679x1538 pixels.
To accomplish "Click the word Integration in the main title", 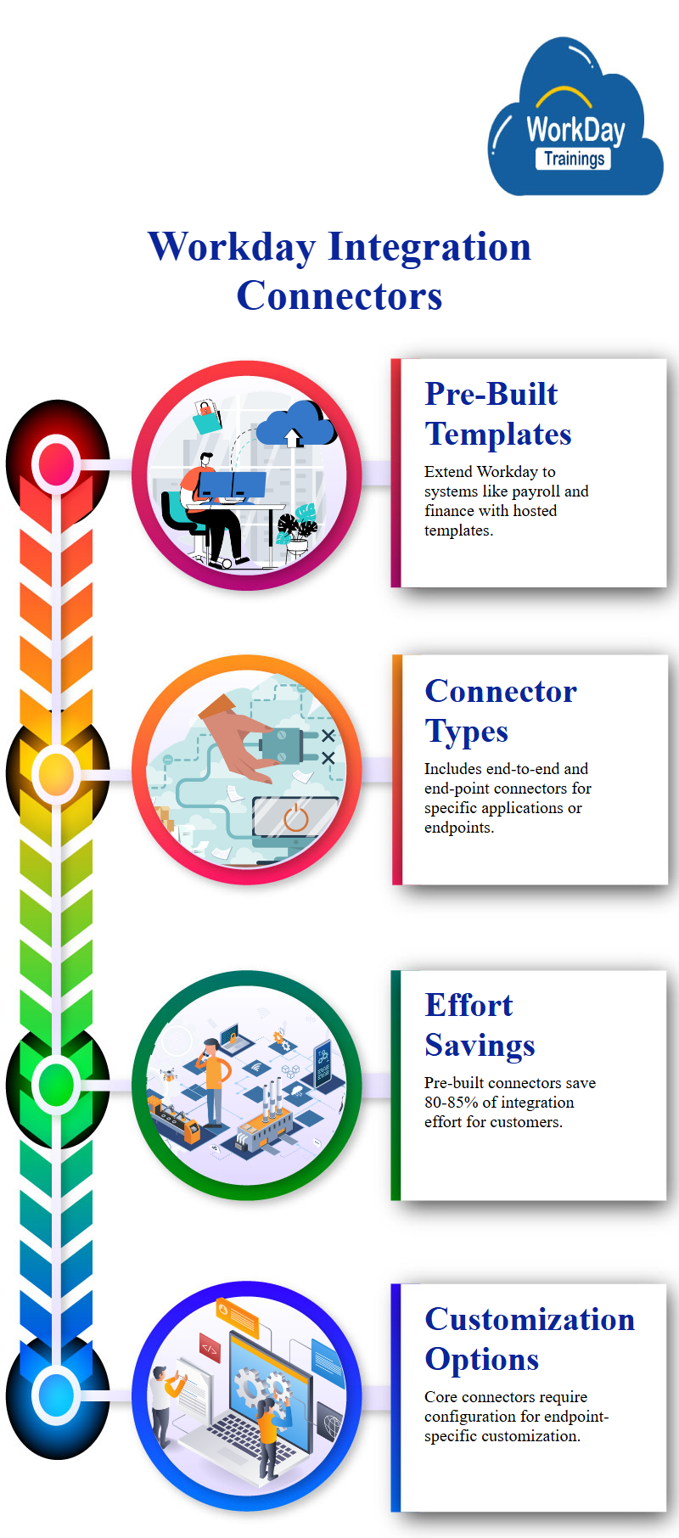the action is pos(429,247).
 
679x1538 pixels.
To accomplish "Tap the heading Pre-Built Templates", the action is pos(498,413).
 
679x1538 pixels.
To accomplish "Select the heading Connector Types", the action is pos(501,711).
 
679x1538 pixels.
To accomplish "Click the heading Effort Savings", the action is pos(480,1025).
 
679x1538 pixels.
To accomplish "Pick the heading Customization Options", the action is pos(530,1339).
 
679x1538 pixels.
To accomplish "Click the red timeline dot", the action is pos(57,463).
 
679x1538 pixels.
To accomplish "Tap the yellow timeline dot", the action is pos(57,772).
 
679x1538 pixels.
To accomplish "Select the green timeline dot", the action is pos(57,1084).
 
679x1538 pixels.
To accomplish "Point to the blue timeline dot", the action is pos(57,1395).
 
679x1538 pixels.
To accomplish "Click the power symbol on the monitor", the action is pos(295,817).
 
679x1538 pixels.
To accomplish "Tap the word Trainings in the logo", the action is pos(575,159).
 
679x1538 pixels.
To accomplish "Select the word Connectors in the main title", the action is pos(339,296).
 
